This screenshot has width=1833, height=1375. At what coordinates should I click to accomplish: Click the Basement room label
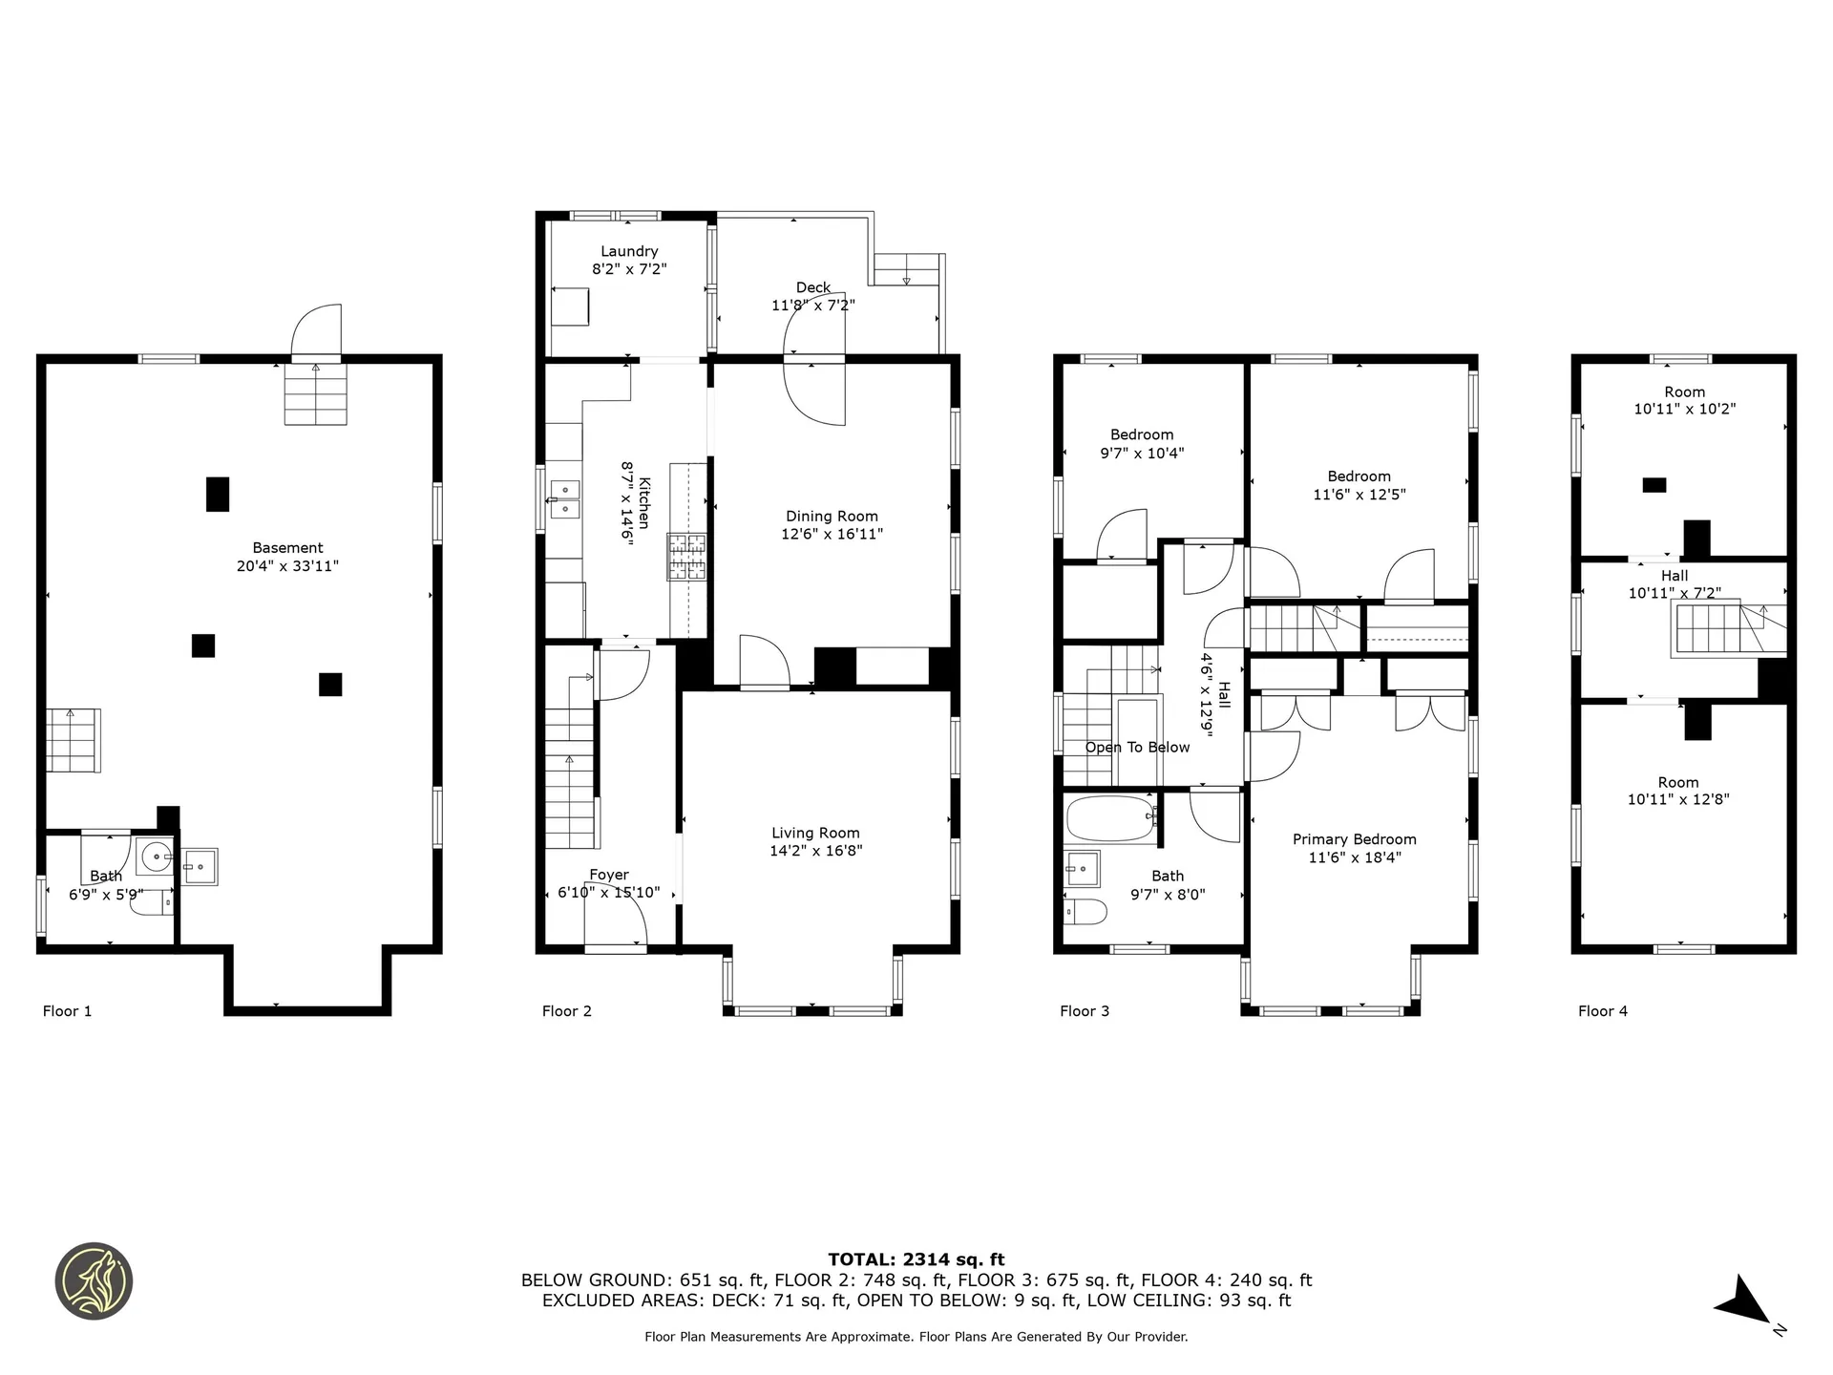click(x=287, y=548)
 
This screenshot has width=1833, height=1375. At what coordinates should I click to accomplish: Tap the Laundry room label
click(x=629, y=252)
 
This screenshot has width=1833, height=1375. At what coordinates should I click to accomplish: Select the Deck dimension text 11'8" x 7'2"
click(x=813, y=306)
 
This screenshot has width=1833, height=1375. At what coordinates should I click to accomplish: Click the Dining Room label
click(x=832, y=517)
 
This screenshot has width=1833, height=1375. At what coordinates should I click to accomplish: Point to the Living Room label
click(x=815, y=834)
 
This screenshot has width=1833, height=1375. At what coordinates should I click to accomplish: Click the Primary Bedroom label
click(x=1355, y=839)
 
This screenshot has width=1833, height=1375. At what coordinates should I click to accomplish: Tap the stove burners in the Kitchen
click(x=687, y=557)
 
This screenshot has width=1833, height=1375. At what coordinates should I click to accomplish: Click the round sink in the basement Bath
click(x=156, y=858)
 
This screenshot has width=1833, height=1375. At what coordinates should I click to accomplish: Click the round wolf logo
click(x=94, y=1281)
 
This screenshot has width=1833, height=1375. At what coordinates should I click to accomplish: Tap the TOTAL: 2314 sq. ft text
click(x=916, y=1259)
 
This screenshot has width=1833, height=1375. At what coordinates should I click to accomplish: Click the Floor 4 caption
click(x=1603, y=1011)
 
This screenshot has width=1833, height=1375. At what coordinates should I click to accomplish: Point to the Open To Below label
click(x=1137, y=748)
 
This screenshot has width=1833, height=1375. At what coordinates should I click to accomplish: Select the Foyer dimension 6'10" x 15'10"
click(x=609, y=893)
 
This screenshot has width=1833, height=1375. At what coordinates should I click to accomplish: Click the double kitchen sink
click(x=565, y=499)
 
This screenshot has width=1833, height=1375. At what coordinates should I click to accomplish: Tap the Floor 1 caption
click(x=68, y=1011)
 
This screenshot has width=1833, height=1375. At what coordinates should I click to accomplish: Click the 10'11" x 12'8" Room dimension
click(x=1678, y=799)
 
